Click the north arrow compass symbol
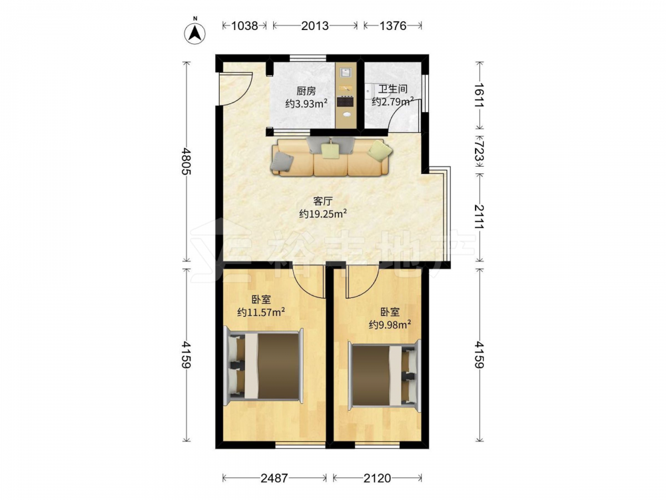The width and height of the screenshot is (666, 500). click(194, 32)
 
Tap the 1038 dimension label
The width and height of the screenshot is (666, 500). click(244, 26)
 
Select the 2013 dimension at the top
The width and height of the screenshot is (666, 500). click(315, 26)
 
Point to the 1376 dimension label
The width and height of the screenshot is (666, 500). click(393, 26)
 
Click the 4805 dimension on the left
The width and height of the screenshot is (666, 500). click(186, 161)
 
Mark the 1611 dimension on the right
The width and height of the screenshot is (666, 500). click(480, 95)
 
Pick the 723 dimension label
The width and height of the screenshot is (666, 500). click(480, 152)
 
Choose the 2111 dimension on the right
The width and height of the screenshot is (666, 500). click(480, 217)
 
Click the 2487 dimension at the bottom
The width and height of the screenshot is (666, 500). click(274, 478)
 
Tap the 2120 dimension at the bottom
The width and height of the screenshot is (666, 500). click(377, 478)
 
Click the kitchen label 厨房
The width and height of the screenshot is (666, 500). click(306, 91)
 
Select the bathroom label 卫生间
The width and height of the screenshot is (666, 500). click(393, 89)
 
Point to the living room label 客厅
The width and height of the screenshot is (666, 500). click(323, 201)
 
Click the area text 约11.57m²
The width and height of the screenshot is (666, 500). click(261, 313)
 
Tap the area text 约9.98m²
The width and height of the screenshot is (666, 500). click(390, 325)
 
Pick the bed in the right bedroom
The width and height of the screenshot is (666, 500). click(384, 375)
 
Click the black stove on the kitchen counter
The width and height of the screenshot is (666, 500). click(345, 101)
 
